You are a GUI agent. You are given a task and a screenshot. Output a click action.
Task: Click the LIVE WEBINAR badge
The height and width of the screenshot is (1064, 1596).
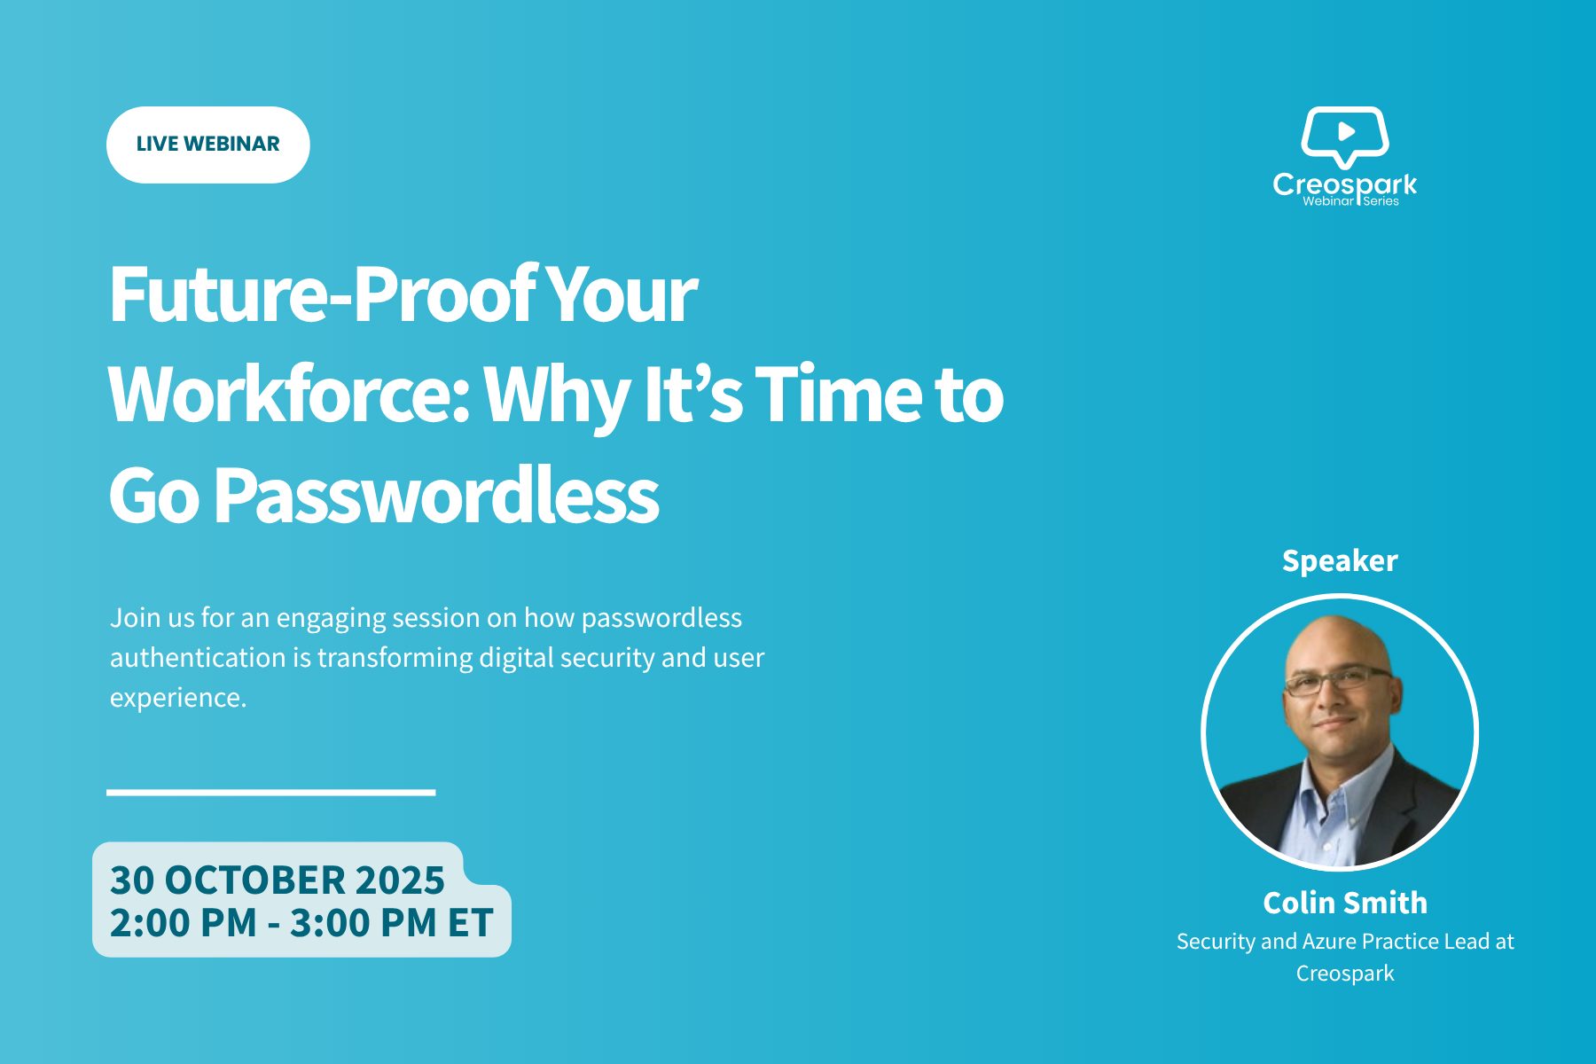tap(208, 145)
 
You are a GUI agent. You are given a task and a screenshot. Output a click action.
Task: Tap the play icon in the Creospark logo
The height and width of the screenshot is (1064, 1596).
tap(1346, 132)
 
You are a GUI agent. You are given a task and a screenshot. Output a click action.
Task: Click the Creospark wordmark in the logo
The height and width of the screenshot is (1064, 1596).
tap(1345, 184)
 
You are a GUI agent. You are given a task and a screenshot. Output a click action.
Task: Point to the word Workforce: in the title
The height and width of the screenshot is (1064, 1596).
tap(288, 395)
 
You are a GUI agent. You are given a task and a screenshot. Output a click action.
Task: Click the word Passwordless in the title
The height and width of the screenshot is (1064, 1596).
tap(436, 495)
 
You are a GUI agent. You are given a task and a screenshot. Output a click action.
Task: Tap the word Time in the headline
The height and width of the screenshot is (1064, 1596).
tap(837, 395)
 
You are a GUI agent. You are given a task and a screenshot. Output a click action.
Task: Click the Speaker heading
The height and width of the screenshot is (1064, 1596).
tap(1340, 560)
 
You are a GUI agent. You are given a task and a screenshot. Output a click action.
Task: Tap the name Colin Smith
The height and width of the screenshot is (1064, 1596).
tap(1345, 903)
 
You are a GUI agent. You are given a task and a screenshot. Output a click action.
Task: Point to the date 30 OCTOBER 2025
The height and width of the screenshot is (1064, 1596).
tap(278, 880)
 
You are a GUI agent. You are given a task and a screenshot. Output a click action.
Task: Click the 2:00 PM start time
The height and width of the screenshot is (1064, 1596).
tap(184, 922)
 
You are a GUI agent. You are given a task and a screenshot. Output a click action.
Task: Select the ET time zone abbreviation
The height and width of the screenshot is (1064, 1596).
tap(470, 922)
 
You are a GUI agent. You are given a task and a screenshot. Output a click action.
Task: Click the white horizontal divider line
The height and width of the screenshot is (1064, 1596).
tap(271, 792)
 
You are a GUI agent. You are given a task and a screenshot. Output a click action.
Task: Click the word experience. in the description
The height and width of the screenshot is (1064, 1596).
tap(178, 699)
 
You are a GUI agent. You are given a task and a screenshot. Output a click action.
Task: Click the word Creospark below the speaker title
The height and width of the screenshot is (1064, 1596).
tap(1345, 974)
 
